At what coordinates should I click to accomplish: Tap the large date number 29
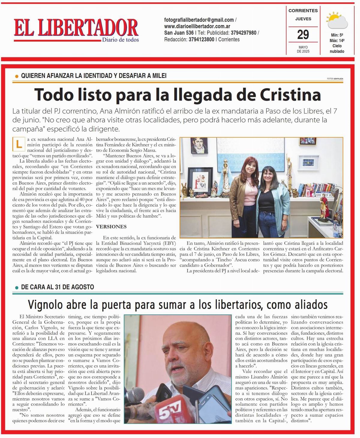(x=303, y=35)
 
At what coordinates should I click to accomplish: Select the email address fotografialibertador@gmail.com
(x=199, y=20)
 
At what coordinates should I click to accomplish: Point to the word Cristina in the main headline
(x=290, y=94)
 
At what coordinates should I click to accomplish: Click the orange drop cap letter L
(x=19, y=144)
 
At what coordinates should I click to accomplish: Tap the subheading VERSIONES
(x=111, y=227)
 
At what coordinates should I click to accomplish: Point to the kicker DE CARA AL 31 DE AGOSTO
(x=58, y=287)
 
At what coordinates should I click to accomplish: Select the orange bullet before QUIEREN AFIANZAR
(x=17, y=76)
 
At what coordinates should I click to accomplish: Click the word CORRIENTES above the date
(x=303, y=11)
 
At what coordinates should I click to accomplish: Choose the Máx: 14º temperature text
(x=337, y=40)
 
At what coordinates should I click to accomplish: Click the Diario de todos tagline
(x=120, y=40)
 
